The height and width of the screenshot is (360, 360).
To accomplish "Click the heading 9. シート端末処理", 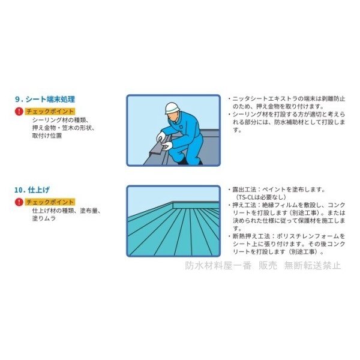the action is click(45, 99).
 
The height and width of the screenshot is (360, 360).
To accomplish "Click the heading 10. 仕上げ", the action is click(32, 190).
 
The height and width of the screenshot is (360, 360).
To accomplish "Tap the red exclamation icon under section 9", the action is click(19, 112).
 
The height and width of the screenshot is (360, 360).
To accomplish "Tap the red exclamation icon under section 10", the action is click(19, 202).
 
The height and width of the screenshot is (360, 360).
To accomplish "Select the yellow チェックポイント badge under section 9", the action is click(50, 112).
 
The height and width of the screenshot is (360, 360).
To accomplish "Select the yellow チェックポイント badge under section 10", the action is click(50, 202).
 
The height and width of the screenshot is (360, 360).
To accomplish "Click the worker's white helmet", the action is click(173, 107).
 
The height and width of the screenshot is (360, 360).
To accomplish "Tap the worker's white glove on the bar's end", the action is click(167, 145).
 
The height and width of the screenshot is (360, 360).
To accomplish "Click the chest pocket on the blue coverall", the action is click(181, 127).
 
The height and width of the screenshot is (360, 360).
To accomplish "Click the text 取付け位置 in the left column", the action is click(47, 136).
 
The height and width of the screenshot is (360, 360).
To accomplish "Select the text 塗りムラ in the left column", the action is click(44, 218).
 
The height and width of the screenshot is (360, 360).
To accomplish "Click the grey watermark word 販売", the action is click(268, 265).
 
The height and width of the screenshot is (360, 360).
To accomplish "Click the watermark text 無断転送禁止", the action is click(313, 265).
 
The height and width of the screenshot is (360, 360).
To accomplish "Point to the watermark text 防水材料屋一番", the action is click(218, 265).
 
